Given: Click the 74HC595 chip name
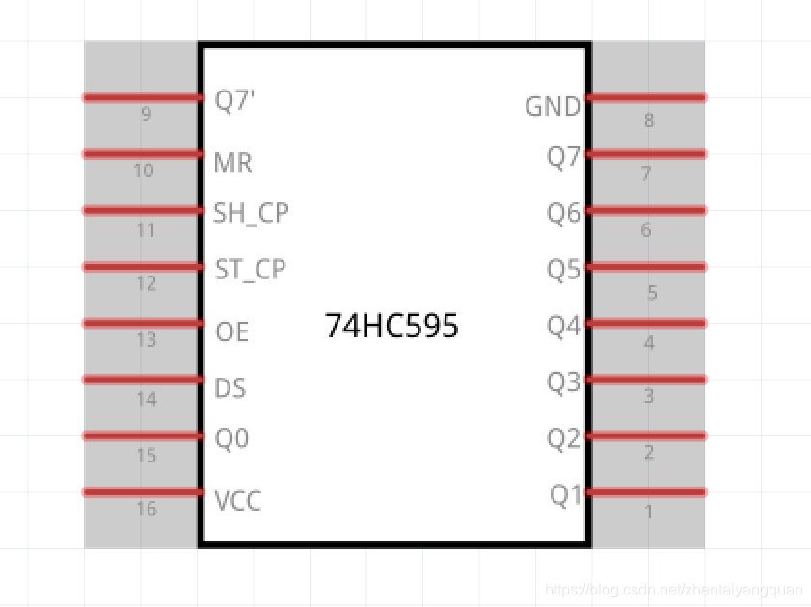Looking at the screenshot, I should (x=392, y=327).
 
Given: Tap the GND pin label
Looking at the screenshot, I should (x=553, y=106).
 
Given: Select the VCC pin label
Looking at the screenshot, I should (x=237, y=501).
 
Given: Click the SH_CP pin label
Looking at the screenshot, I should (x=251, y=213).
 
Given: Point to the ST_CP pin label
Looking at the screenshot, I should (x=250, y=269).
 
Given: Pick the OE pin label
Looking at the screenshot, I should (x=232, y=332).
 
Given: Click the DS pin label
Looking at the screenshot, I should (x=230, y=388).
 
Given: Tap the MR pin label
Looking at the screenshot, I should (x=233, y=163).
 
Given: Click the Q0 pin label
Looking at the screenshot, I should (x=231, y=439).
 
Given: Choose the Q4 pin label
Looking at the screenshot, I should (x=564, y=327).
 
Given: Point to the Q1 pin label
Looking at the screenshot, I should (x=566, y=495).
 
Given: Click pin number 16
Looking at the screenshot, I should (x=146, y=509).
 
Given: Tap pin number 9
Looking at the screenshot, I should (x=146, y=115).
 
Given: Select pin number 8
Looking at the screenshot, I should (x=648, y=120).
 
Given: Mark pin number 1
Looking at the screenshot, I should (x=648, y=512).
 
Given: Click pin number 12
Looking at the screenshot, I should (x=146, y=284).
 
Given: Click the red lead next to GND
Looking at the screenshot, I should (x=646, y=97).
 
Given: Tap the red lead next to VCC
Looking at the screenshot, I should (x=142, y=492).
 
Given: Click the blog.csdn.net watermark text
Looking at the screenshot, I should (x=673, y=589).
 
